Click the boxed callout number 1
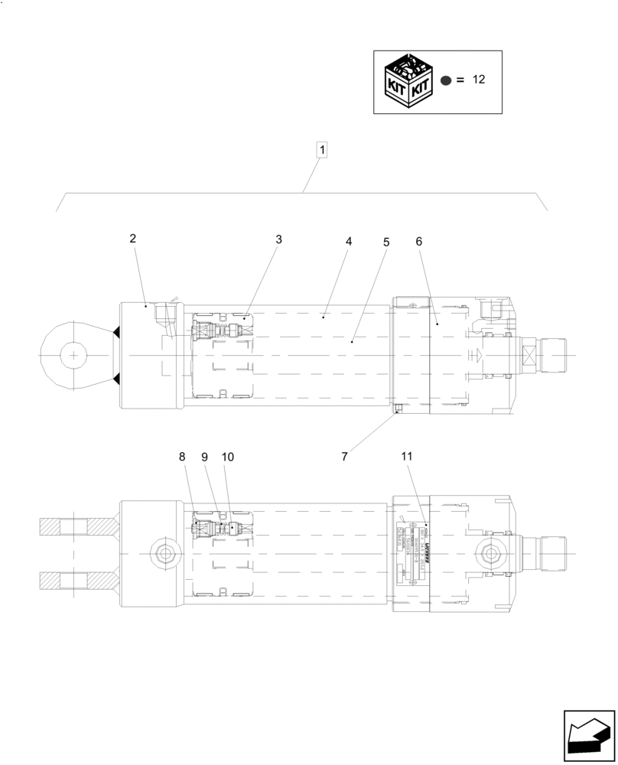pos(322,150)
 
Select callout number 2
pos(132,239)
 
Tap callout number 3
pos(278,239)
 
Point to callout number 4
pos(349,241)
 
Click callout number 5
pos(386,242)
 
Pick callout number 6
pos(418,241)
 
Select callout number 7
pos(344,456)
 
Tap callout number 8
pos(182,457)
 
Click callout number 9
pos(205,457)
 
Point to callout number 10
pos(228,457)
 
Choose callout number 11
pos(406,456)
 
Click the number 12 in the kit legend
pos(479,80)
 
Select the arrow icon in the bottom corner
pos(589,736)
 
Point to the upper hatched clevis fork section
pos(76,527)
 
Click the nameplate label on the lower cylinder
pos(414,551)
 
